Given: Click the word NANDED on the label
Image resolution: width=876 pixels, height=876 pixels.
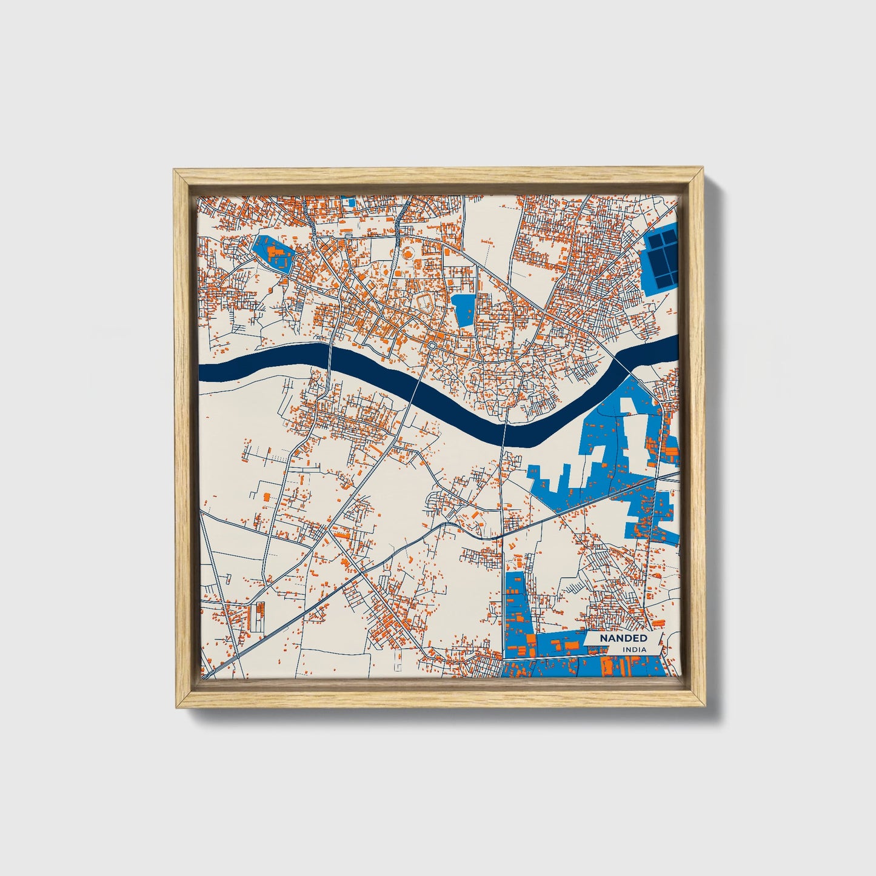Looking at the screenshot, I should (623, 638).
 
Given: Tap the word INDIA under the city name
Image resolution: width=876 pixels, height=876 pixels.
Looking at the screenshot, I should (634, 650).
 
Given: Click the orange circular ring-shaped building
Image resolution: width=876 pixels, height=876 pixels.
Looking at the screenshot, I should (407, 252).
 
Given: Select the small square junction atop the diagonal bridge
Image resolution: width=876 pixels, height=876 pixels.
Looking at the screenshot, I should (431, 346).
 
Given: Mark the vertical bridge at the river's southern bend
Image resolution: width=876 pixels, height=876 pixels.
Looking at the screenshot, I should (505, 430).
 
